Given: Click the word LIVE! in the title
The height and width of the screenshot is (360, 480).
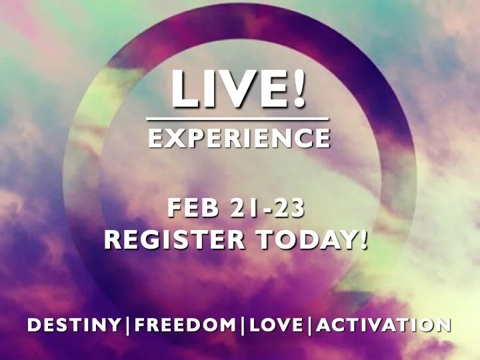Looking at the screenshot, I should pyautogui.click(x=239, y=89).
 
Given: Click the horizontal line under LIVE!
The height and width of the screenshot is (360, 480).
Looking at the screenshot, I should pyautogui.click(x=239, y=120).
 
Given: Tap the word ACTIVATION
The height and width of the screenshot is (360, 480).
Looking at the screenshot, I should pyautogui.click(x=384, y=326).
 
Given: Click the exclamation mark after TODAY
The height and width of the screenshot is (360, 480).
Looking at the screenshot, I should pyautogui.click(x=363, y=240).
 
